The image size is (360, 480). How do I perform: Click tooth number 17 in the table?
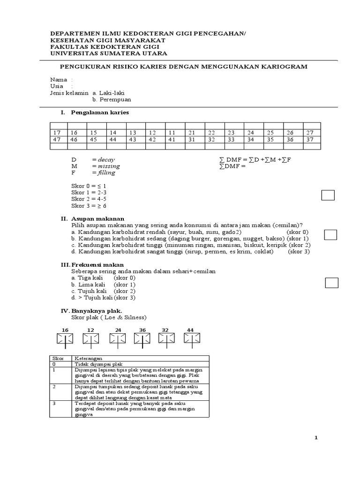pos(58,133)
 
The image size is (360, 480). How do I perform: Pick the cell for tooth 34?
pos(251,140)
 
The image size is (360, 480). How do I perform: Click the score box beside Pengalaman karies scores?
pos(328,195)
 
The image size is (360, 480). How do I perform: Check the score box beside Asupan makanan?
pos(331,235)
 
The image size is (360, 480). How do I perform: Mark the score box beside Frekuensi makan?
pos(332,282)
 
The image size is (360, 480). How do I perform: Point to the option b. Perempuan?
pos(112,100)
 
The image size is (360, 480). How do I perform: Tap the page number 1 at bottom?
pos(316,438)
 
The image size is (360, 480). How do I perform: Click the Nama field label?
pos(59,80)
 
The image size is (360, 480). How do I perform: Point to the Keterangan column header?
pos(90,358)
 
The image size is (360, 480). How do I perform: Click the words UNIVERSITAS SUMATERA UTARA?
pos(107,53)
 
